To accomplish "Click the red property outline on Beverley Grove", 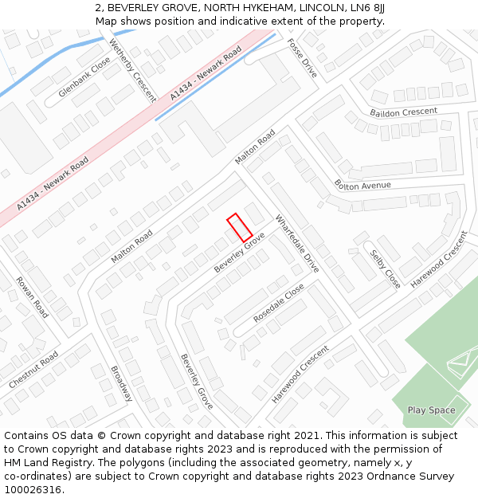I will point(240,228).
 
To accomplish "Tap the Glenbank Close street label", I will point(84,82).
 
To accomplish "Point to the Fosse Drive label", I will point(302,58).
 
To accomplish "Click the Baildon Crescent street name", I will point(403,112).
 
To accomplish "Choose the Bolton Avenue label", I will point(362,186).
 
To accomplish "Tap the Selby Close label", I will point(385,269).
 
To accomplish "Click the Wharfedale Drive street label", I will point(297,244).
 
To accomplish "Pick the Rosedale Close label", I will point(279,304).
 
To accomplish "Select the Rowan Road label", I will point(32,297).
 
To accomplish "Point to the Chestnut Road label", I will point(33,371).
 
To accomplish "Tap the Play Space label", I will point(431,410).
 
